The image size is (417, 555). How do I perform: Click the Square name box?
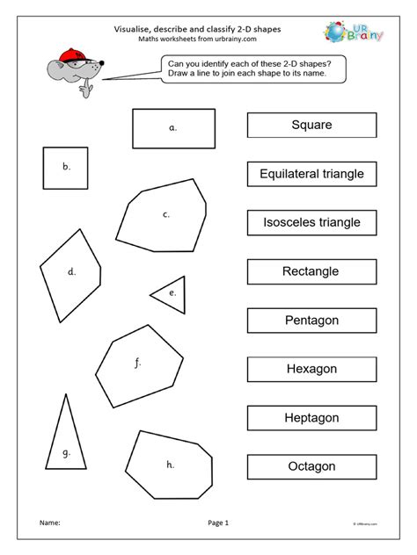[311, 126]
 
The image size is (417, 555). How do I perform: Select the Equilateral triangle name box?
[311, 175]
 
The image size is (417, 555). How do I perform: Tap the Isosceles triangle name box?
[311, 223]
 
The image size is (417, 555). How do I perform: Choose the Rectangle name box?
[311, 272]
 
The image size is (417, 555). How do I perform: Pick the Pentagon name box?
[311, 321]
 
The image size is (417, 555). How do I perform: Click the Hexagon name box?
[311, 370]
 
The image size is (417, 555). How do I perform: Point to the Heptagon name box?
[311, 419]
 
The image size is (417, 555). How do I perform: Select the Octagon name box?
[311, 467]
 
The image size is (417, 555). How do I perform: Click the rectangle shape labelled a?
[172, 128]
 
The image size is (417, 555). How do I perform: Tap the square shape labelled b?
[65, 167]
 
